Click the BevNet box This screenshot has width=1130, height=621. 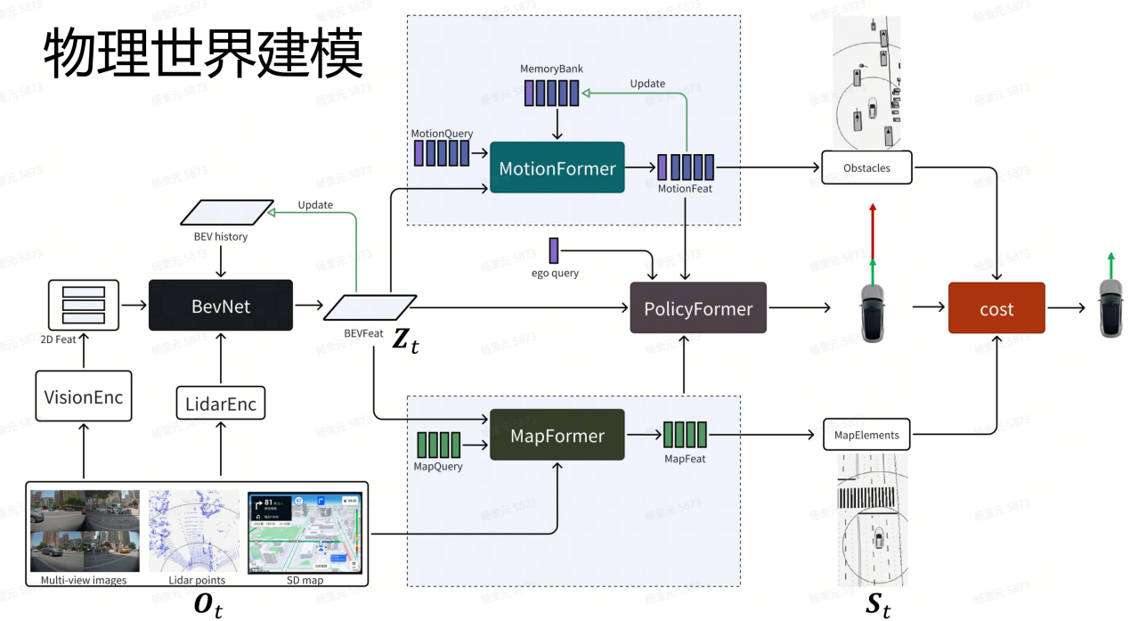click(x=221, y=306)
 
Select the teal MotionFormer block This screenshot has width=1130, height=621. click(x=557, y=168)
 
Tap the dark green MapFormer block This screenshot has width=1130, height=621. click(x=557, y=435)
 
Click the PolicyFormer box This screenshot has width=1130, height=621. click(x=698, y=308)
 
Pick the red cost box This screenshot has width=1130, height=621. click(x=996, y=308)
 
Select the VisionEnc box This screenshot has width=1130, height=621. click(x=84, y=396)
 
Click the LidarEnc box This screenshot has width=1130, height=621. click(x=221, y=404)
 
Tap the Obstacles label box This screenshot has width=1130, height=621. click(x=866, y=168)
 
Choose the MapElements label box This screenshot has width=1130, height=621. click(x=866, y=435)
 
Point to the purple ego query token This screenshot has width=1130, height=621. click(x=554, y=250)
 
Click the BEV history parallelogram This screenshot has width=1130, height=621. click(x=227, y=212)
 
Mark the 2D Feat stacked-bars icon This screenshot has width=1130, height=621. click(x=84, y=305)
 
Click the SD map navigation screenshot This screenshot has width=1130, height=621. click(x=305, y=531)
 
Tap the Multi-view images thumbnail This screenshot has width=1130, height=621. click(x=85, y=531)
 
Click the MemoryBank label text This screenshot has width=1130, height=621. click(x=552, y=69)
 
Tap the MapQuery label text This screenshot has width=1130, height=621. click(x=438, y=466)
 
